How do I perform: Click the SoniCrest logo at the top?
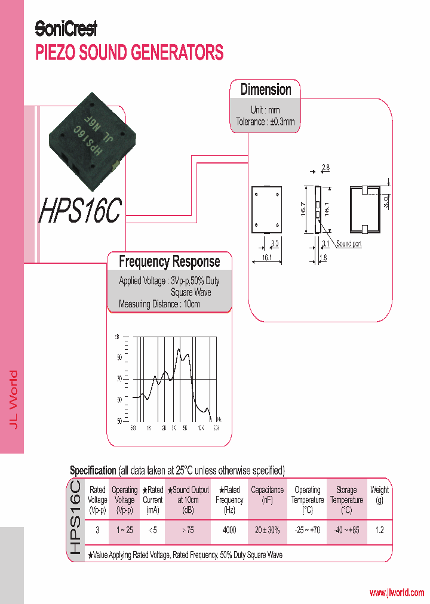click(66, 28)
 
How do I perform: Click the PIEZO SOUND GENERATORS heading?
click(130, 53)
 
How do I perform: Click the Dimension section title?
click(266, 90)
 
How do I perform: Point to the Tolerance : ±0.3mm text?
click(265, 122)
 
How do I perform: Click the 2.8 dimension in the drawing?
click(325, 168)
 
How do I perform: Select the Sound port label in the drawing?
click(348, 244)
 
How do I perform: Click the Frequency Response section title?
click(169, 261)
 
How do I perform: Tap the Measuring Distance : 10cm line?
click(159, 304)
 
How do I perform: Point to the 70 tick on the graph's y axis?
click(119, 378)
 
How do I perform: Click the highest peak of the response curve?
click(179, 350)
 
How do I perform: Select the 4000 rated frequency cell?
click(229, 530)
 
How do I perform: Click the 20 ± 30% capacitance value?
click(267, 530)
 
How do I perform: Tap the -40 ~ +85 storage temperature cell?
click(346, 530)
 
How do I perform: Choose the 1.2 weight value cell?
click(379, 530)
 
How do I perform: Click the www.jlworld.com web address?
click(397, 593)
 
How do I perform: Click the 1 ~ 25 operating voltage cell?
click(125, 530)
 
